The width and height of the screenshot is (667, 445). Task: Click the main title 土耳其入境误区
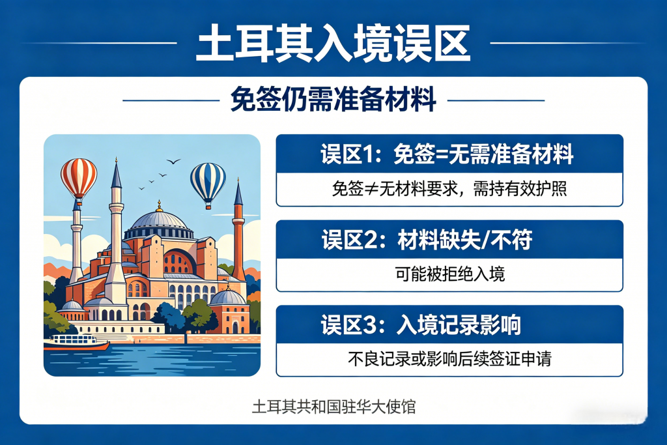coord(333,43)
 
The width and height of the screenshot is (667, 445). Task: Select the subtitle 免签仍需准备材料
coord(333,99)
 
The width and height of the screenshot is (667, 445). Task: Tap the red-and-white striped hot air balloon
coord(79,179)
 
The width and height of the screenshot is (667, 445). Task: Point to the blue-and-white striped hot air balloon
coord(208,184)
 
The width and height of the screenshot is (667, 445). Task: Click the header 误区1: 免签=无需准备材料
coord(447,154)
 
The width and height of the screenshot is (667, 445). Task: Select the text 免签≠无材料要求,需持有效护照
coord(449,188)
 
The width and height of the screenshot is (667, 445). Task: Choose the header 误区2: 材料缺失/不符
coord(427,240)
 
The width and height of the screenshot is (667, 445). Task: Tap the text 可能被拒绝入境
coord(449,274)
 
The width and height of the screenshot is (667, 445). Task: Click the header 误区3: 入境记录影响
coord(421,325)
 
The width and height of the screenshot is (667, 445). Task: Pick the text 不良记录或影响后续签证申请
coord(449,358)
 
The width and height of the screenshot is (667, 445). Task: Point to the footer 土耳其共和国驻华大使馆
coord(333,407)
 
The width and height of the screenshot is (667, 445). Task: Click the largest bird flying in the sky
coord(173,161)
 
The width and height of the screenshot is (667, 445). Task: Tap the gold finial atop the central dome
coord(159,206)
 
